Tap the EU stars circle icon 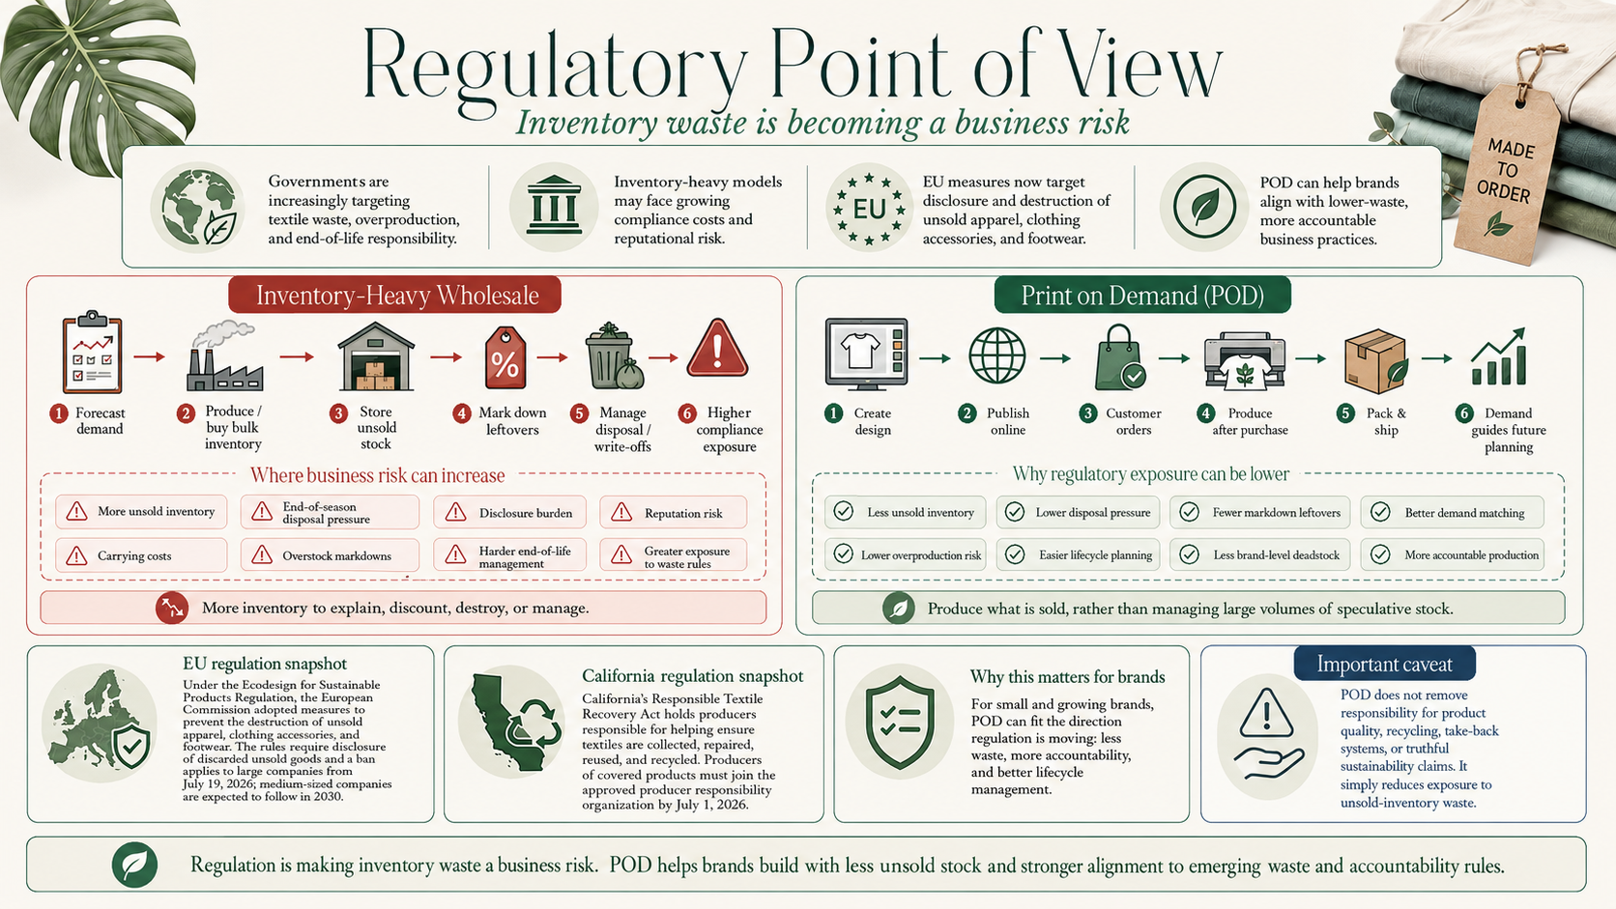(869, 209)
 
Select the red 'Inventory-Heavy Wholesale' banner (394, 295)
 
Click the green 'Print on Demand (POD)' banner (1142, 295)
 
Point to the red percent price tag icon (505, 358)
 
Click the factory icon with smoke (224, 356)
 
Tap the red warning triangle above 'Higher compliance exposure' (717, 348)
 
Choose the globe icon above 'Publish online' (997, 355)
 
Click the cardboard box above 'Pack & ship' (1375, 360)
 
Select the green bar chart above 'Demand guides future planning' (1499, 356)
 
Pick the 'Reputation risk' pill (673, 513)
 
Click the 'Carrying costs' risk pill (141, 555)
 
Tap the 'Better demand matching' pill (1453, 513)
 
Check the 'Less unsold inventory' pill (906, 513)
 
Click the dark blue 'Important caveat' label (1384, 664)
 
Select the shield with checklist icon (900, 722)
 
